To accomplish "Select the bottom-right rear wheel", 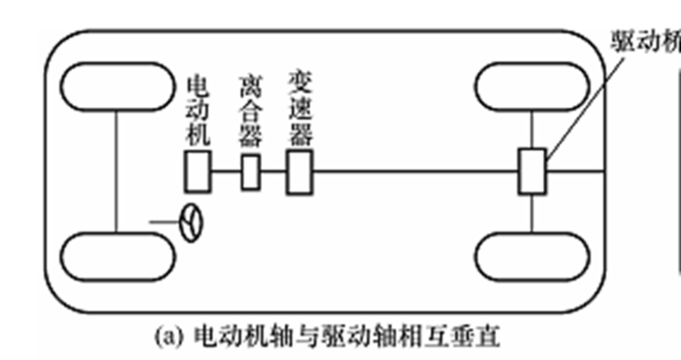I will [x=532, y=255].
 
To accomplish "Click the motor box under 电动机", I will [x=196, y=172].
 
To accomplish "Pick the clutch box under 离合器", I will [x=250, y=172].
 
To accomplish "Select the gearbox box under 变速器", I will [x=299, y=172].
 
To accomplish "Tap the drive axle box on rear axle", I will [x=532, y=172].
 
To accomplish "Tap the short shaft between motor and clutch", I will [x=225, y=172].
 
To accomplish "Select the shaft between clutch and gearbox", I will [x=273, y=172].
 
